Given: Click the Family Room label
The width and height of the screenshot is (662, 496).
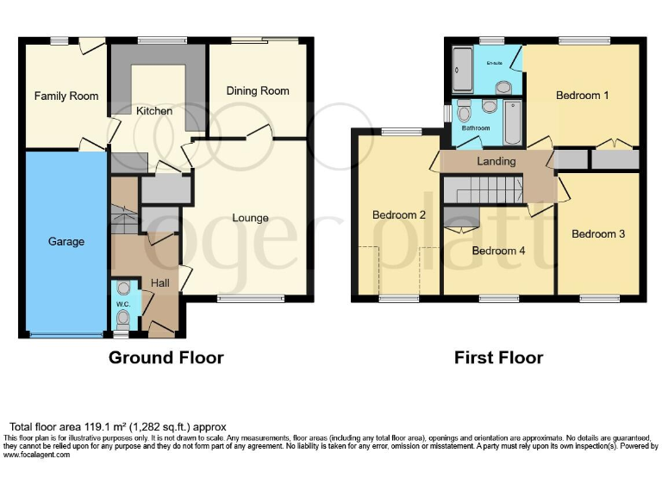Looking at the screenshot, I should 66,96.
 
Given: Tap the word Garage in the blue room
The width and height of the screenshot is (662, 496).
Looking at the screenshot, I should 66,242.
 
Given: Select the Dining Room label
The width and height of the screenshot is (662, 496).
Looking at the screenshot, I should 258,90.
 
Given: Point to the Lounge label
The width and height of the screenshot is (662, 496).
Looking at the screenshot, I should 250,218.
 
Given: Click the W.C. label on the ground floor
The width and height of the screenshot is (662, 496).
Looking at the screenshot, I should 122,302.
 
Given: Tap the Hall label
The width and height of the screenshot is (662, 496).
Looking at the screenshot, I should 160,282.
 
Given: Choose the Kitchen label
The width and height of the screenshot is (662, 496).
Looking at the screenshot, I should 154,111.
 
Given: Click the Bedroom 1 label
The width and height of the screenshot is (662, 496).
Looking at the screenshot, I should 583,95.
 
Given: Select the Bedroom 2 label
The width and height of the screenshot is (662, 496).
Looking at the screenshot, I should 399,215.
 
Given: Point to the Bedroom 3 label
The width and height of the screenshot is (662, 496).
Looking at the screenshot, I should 597,233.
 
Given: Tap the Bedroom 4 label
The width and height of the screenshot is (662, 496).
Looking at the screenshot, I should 498,251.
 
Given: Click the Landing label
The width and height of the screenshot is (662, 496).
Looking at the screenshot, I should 496,161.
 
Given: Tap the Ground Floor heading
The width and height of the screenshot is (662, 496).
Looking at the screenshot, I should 165,357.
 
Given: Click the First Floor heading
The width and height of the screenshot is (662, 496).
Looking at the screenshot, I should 499,357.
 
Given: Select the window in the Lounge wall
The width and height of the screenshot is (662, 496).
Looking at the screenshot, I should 238,300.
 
